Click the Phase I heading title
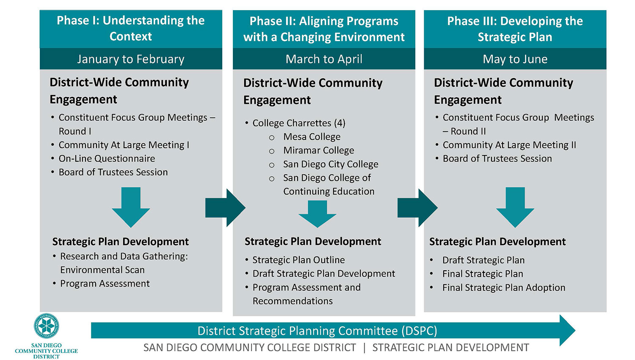point(131,28)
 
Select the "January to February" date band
point(131,59)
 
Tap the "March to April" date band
point(324,59)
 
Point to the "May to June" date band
point(515,59)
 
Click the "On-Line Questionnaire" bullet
point(107,159)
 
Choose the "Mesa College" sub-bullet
point(312,137)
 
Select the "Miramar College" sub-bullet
point(319,151)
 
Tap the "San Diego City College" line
point(331,164)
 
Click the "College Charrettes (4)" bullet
point(299,123)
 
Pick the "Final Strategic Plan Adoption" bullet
point(504,288)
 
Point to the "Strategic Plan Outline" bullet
point(298,260)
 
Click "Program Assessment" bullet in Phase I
point(105,283)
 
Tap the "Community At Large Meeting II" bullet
point(509,145)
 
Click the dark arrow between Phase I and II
point(225,208)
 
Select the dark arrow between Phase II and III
point(417,208)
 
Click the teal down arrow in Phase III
point(515,207)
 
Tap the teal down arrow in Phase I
point(131,207)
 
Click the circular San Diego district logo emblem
point(47,326)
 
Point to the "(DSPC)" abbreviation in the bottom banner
point(419,331)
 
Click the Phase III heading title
point(515,29)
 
